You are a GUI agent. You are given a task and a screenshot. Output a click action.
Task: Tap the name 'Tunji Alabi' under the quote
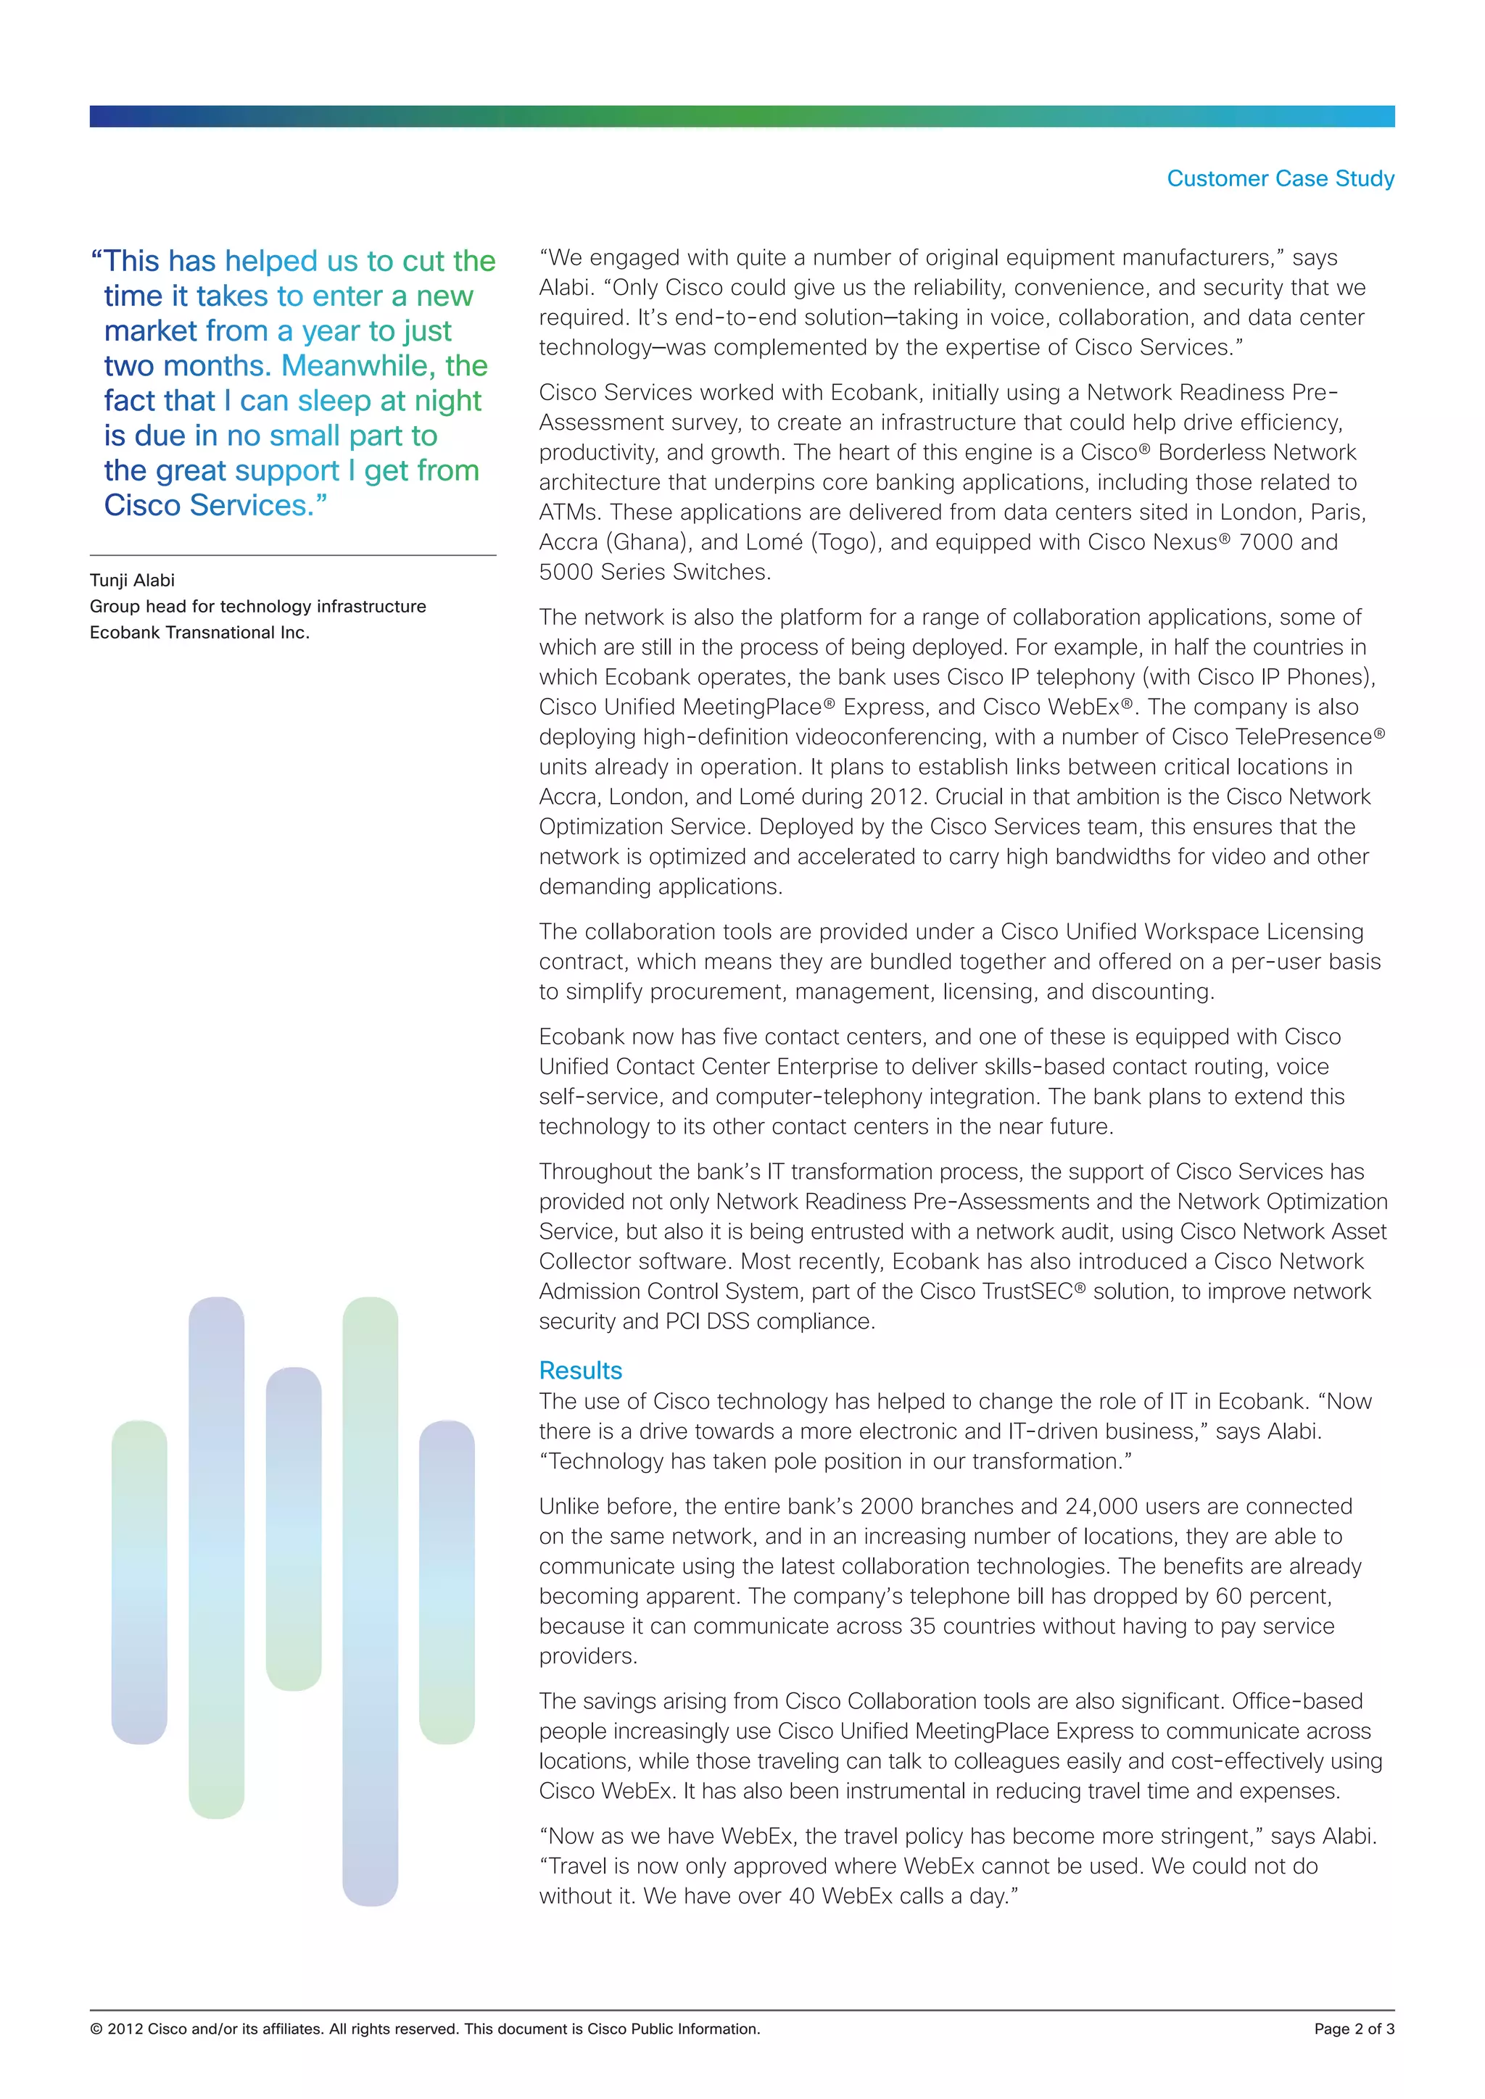pos(132,580)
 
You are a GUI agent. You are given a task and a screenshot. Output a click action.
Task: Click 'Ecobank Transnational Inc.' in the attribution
pos(199,632)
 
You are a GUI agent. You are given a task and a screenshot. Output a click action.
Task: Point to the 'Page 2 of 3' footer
pos(1353,2029)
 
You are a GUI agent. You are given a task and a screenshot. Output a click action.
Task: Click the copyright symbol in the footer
pos(96,2029)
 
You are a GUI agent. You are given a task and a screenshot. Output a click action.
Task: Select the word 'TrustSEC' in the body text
pos(1026,1292)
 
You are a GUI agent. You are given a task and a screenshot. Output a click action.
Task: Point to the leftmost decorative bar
pos(139,1581)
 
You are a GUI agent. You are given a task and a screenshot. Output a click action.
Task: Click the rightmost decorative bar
pos(446,1581)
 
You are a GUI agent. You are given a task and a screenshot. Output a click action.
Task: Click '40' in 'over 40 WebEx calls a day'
pos(801,1896)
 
